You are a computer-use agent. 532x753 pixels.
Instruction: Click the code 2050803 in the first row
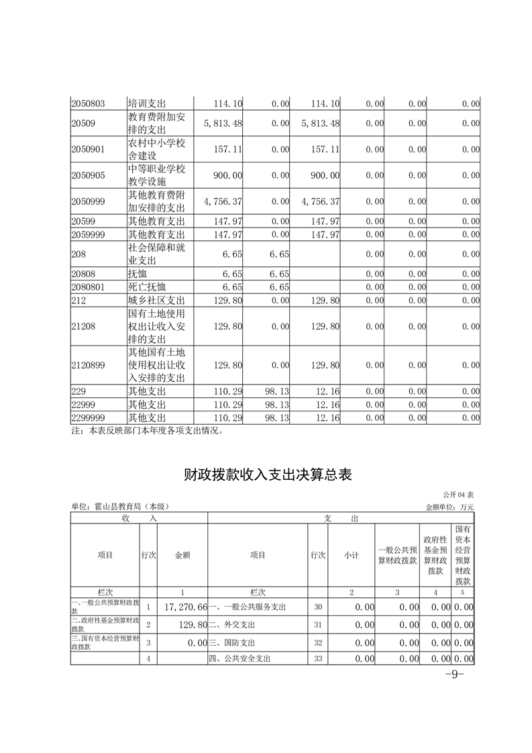(88, 104)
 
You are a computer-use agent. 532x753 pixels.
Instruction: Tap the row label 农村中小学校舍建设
(156, 149)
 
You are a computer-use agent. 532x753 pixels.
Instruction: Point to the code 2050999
(88, 201)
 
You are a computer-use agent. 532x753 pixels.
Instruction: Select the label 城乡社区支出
(156, 300)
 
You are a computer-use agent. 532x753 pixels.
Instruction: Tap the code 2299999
(88, 417)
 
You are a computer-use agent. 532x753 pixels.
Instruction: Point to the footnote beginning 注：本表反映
(147, 431)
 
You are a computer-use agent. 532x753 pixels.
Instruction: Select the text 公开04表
(458, 495)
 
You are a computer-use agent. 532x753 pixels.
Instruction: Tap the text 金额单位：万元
(449, 507)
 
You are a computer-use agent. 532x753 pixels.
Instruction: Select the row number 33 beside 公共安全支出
(318, 659)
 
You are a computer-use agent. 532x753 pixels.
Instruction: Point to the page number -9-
(455, 674)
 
